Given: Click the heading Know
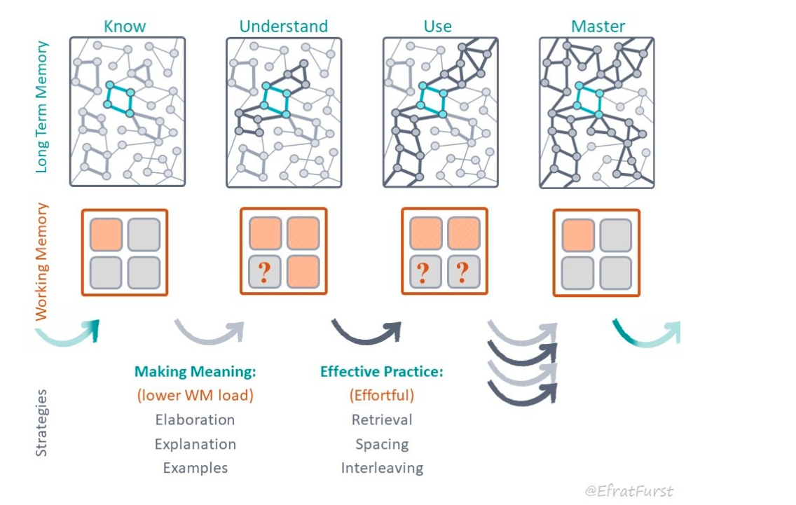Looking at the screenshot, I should (x=125, y=27).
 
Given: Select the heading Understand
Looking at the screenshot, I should (x=283, y=27).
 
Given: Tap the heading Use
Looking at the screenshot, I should (x=438, y=27).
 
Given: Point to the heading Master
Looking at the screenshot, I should (x=598, y=27).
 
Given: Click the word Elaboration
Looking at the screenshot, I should (x=195, y=420).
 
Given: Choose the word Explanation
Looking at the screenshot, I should (x=195, y=444).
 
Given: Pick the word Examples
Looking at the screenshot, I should (x=195, y=468).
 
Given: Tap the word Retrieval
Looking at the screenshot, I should (x=382, y=420).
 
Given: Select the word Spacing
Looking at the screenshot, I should (x=382, y=444).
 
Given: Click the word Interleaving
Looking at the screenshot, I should (x=382, y=468).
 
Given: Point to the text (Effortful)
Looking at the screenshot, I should (x=382, y=396).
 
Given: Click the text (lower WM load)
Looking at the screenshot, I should (x=195, y=396).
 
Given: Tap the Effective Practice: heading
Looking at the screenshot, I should (x=382, y=372).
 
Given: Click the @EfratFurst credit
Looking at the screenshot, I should (x=629, y=491).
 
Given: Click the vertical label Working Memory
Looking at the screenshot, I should (x=42, y=261).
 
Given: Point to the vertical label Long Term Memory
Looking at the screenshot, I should (x=42, y=106).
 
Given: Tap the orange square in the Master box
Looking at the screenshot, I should (x=579, y=235).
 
